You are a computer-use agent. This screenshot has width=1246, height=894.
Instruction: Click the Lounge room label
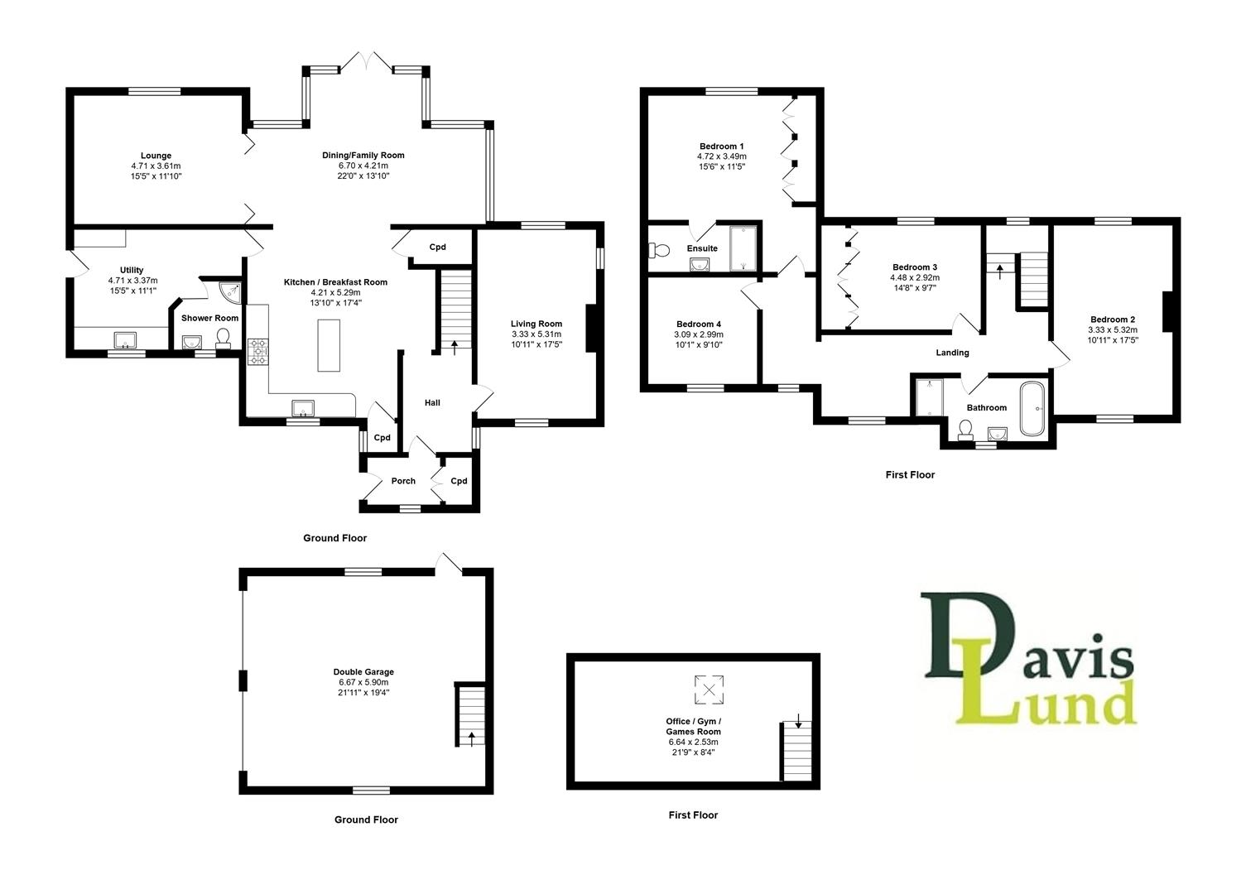point(156,156)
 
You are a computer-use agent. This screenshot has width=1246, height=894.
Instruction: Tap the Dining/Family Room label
point(363,155)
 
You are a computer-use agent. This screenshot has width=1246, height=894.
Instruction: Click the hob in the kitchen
point(259,352)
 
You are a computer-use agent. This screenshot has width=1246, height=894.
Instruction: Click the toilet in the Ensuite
point(660,249)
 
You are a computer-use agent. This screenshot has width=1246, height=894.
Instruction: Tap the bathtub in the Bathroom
point(1032,408)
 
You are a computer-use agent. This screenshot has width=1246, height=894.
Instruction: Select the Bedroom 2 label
point(1112,320)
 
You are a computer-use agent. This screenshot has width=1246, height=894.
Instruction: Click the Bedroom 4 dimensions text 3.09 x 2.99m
point(698,334)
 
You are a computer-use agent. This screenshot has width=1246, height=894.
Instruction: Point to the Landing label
point(952,353)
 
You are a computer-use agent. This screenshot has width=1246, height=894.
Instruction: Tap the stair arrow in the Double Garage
point(472,737)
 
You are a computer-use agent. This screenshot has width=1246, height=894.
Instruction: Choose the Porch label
point(403,481)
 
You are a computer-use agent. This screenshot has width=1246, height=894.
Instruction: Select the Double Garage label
point(363,672)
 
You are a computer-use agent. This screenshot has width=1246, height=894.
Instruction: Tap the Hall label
point(432,403)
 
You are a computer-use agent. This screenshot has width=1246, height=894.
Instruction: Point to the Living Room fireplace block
point(590,329)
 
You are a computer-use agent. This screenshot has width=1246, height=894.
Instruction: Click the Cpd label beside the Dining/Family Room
point(437,248)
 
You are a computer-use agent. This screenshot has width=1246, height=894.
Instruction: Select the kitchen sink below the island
point(302,406)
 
